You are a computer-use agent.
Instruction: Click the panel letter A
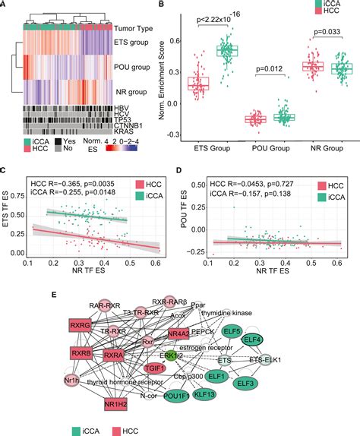click(6, 5)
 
